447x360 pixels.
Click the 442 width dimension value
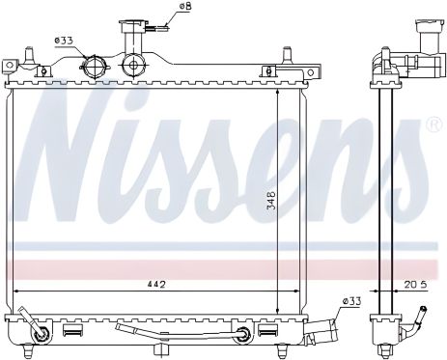tap(156, 285)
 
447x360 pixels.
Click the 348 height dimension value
tap(271, 201)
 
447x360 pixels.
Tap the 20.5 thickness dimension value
tap(415, 285)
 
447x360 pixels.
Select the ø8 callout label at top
tap(185, 6)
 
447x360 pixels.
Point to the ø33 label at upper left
tap(64, 41)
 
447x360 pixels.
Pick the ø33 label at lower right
tap(351, 301)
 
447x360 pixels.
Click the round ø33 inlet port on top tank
tap(95, 67)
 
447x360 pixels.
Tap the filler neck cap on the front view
tap(133, 26)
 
